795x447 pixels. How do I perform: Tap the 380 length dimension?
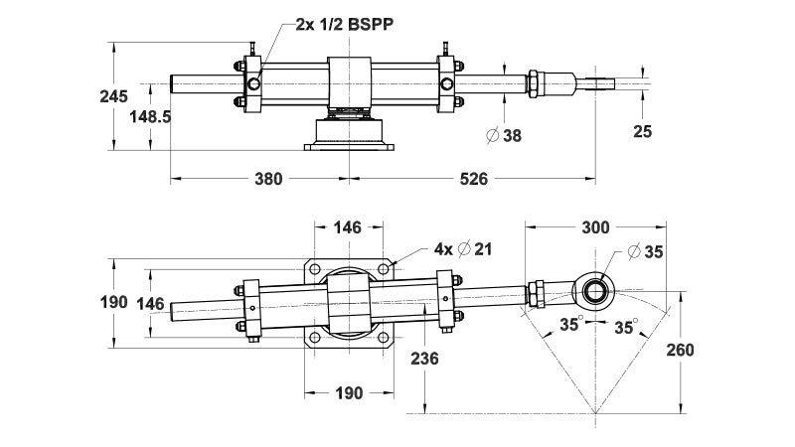pyautogui.click(x=268, y=180)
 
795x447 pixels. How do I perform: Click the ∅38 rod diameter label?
pyautogui.click(x=503, y=134)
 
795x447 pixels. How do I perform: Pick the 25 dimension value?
pyautogui.click(x=643, y=130)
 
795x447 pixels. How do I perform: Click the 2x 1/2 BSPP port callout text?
pyautogui.click(x=348, y=25)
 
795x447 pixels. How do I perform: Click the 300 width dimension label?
pyautogui.click(x=595, y=227)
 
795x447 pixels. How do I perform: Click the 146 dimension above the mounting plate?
pyautogui.click(x=347, y=227)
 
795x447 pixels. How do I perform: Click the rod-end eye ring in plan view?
pyautogui.click(x=597, y=289)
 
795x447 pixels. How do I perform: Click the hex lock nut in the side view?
pyautogui.click(x=535, y=83)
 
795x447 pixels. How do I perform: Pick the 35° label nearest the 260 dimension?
pyautogui.click(x=624, y=325)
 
